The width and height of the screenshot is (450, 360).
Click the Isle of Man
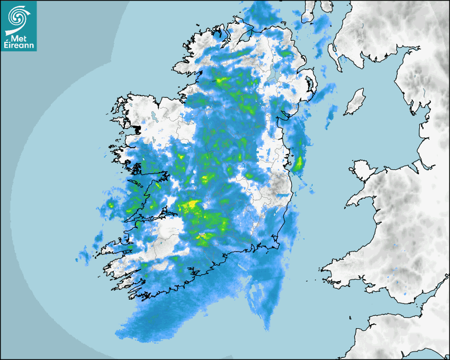(x=355, y=102)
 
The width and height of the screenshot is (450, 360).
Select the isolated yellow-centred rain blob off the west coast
(x=111, y=204)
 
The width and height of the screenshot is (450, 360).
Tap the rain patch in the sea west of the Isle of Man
(x=331, y=112)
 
